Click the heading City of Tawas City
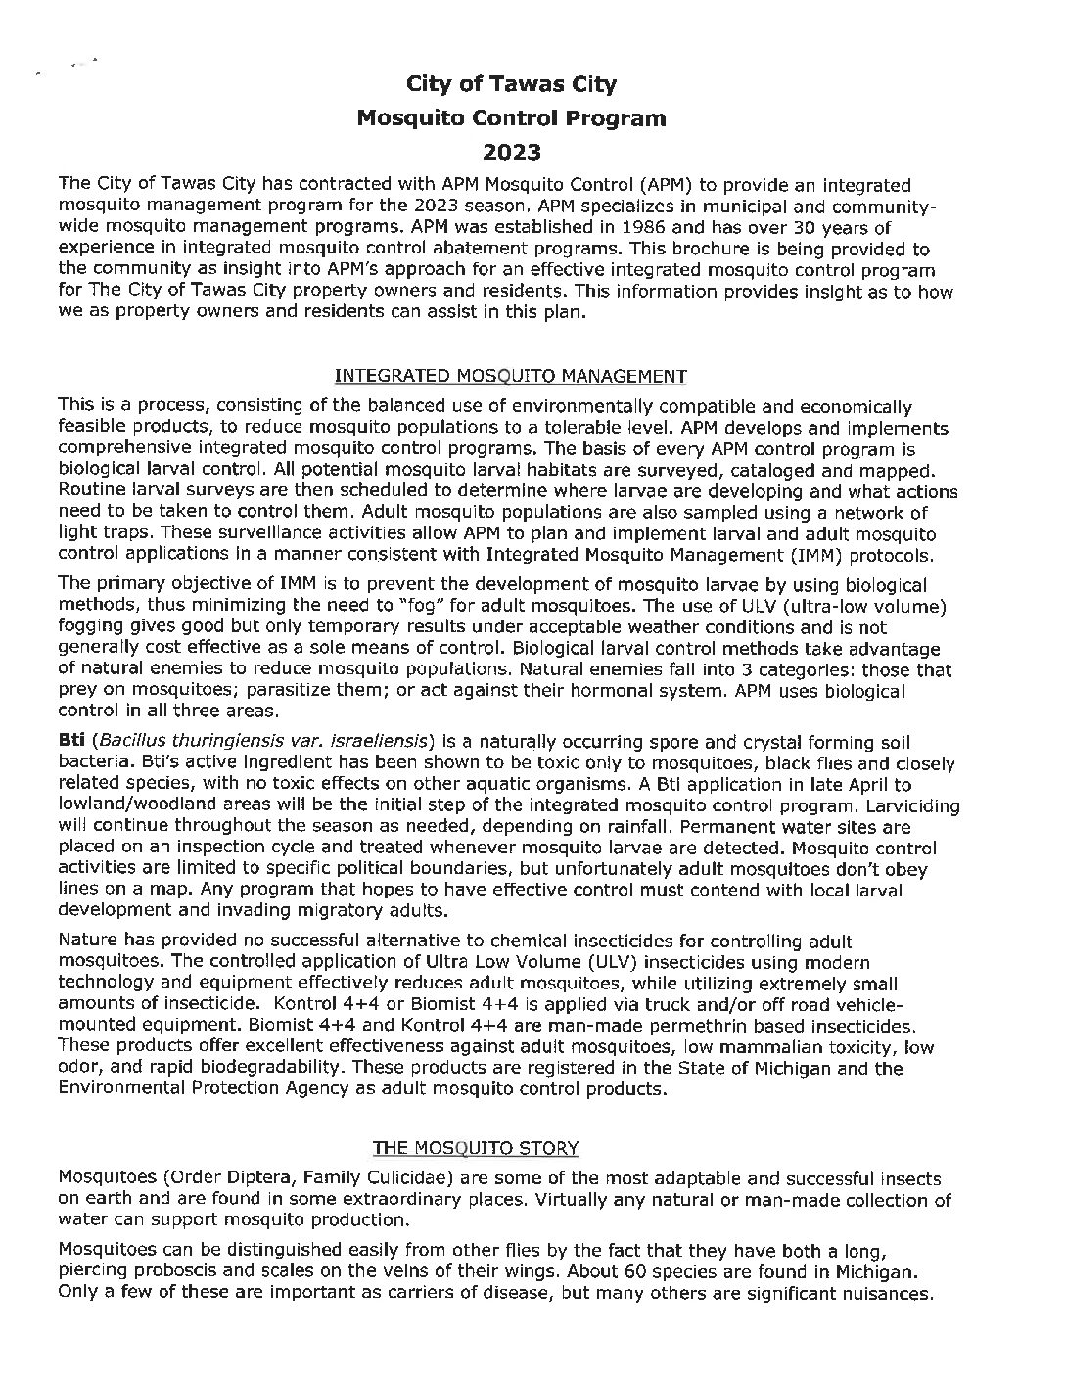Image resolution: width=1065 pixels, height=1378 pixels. (511, 84)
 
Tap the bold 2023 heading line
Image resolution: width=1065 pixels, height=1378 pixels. (511, 153)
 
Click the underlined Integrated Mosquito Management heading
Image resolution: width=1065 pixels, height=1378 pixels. (511, 376)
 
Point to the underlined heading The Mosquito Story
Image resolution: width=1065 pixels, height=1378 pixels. (475, 1147)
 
